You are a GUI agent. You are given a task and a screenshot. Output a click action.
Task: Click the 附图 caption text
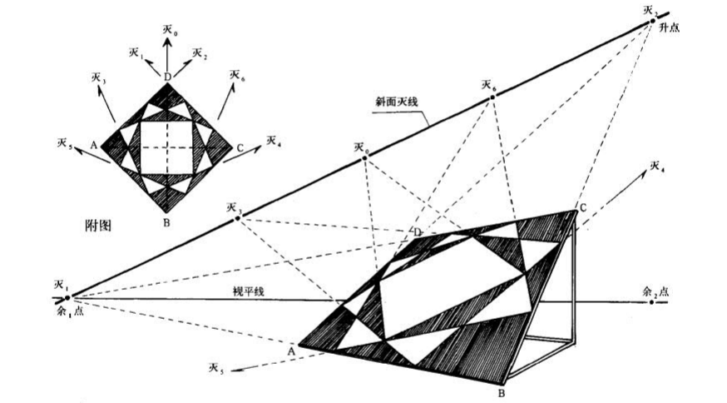99,225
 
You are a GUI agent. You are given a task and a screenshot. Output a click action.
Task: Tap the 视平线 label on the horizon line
247,291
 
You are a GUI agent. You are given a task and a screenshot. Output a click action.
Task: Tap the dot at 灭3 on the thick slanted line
238,218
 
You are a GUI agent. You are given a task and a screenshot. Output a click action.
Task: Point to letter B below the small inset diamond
167,221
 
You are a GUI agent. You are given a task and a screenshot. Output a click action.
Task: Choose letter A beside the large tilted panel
291,351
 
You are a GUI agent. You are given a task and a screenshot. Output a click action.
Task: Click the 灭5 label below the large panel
217,367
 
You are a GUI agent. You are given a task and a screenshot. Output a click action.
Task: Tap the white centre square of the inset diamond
167,147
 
